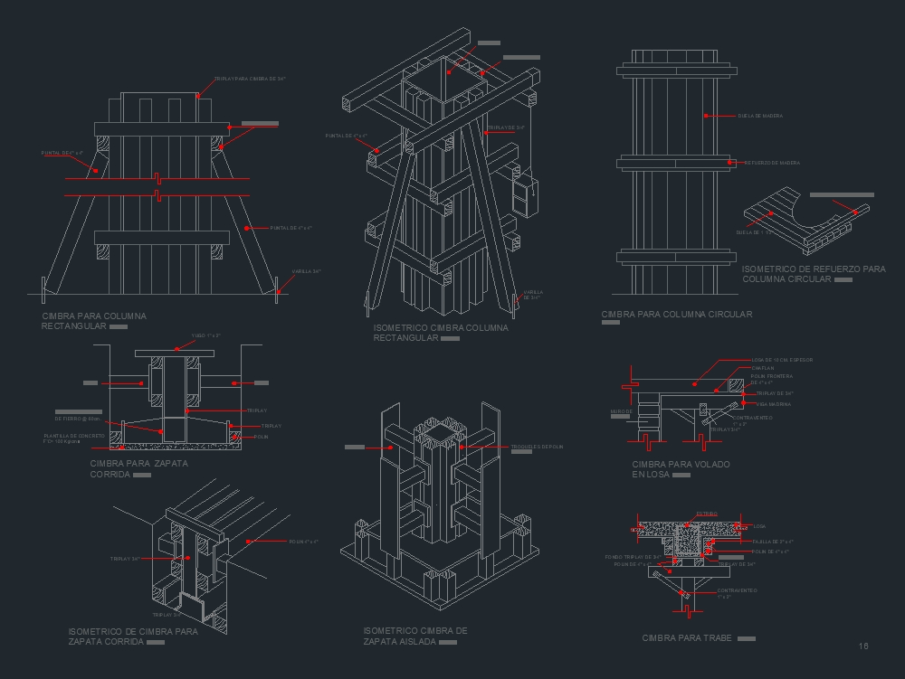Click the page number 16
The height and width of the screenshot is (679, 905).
(863, 646)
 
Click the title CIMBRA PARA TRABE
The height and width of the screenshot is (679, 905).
(686, 638)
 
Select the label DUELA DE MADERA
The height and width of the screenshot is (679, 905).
(760, 117)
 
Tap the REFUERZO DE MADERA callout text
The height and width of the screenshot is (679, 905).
(772, 164)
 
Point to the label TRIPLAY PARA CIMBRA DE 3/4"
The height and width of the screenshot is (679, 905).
(250, 80)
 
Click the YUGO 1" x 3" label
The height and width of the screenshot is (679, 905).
(205, 335)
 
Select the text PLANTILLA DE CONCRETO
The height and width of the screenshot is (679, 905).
(73, 436)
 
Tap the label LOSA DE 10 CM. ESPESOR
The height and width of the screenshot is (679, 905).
(782, 360)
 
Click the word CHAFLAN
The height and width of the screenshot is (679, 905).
(762, 368)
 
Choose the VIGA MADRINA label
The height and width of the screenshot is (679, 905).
(773, 404)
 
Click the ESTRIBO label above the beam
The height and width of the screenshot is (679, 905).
(706, 514)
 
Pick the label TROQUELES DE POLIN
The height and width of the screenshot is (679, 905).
(537, 447)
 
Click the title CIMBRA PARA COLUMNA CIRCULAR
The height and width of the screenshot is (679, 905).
(676, 315)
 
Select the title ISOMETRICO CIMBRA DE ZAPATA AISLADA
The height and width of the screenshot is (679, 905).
(414, 636)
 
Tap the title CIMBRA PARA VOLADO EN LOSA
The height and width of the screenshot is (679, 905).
(681, 468)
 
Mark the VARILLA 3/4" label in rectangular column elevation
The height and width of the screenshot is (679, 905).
(306, 271)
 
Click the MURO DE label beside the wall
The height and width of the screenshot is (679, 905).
(621, 411)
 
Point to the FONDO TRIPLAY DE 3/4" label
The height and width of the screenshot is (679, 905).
(633, 556)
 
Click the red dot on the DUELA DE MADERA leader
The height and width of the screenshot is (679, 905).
(706, 117)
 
